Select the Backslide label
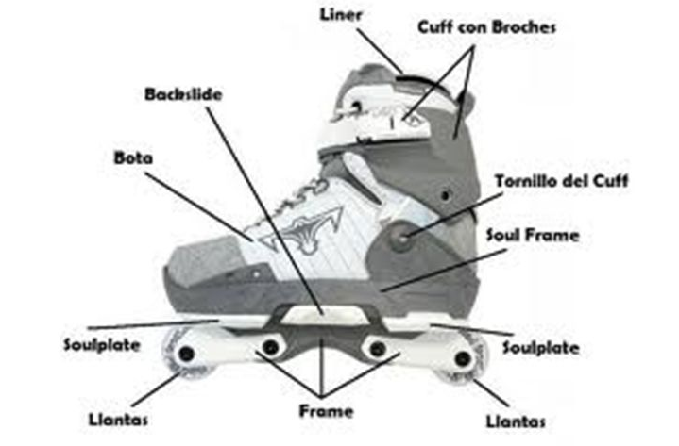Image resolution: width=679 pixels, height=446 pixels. click(178, 94)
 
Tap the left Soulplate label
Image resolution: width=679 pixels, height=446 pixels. click(102, 344)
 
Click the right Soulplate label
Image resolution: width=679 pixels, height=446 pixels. click(540, 347)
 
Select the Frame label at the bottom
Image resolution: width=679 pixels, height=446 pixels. click(326, 411)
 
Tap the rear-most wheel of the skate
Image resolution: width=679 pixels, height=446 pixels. click(463, 359)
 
